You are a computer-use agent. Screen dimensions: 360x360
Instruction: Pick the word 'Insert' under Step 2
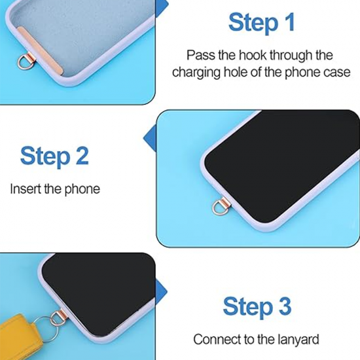(x=24, y=189)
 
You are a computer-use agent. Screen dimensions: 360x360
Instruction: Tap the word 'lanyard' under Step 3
(x=298, y=340)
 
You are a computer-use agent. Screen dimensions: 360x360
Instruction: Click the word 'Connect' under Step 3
(x=215, y=340)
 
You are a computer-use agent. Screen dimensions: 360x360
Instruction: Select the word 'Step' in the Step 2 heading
(x=44, y=156)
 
